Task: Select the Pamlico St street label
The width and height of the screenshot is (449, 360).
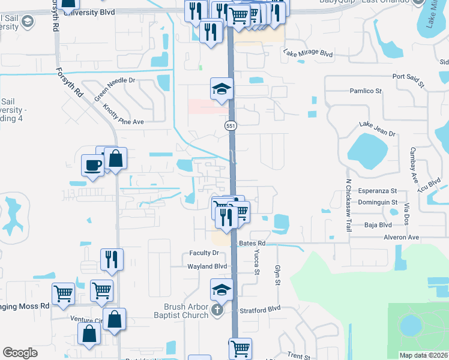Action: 366,91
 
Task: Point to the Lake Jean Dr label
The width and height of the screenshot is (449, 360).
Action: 378,128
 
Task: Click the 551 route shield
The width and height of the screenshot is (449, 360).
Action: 231,126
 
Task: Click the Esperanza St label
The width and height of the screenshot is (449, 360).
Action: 378,190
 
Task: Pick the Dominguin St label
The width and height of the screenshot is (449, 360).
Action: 378,203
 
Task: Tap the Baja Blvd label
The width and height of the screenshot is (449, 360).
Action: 378,226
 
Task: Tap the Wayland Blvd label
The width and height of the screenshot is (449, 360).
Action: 207,266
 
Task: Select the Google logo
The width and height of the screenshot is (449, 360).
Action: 20,353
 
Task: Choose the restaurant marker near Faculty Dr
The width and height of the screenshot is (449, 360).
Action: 112,259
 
